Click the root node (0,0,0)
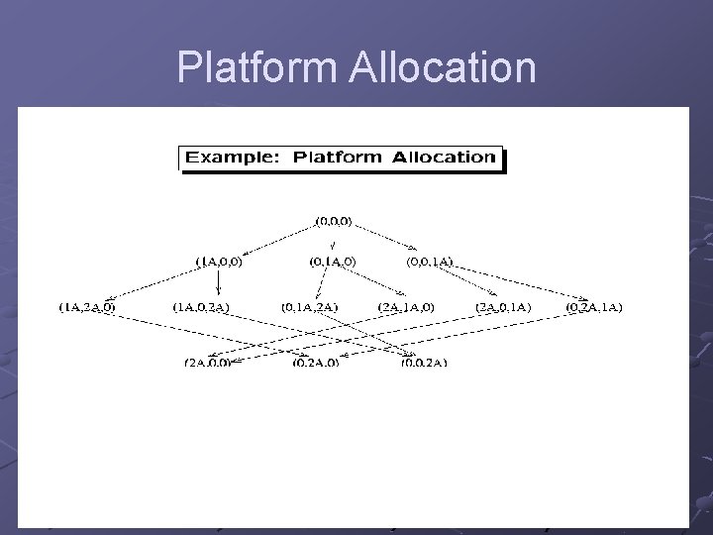point(334,218)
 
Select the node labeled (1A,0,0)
point(219,263)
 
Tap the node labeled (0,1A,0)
point(333,263)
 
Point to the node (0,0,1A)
point(431,263)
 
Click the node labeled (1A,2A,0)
point(86,307)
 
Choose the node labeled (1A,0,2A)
point(201,307)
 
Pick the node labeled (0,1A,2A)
point(310,307)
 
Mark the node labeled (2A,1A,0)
point(406,307)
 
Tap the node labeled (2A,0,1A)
point(503,307)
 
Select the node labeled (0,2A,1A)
point(594,307)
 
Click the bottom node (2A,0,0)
point(207,363)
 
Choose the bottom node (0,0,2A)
point(424,363)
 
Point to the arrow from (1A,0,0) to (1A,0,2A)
point(211,283)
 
